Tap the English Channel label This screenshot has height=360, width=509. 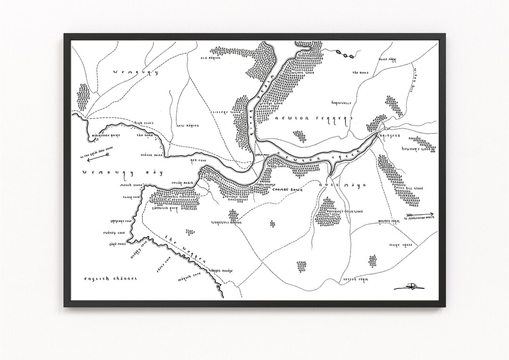point(111,279)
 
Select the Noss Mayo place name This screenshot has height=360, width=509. point(342,186)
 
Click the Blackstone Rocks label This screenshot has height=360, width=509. point(104,135)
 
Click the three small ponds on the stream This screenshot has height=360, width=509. point(345,54)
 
